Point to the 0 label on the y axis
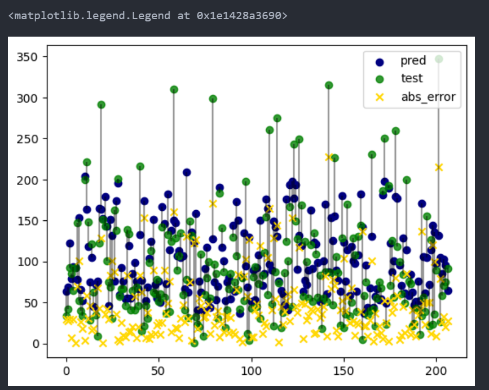[36, 344]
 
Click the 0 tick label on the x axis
[67, 371]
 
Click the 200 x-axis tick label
[435, 371]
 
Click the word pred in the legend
[413, 61]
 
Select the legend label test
[411, 79]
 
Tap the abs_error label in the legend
[428, 97]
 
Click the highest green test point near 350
[439, 59]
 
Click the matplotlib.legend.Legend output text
[148, 16]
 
